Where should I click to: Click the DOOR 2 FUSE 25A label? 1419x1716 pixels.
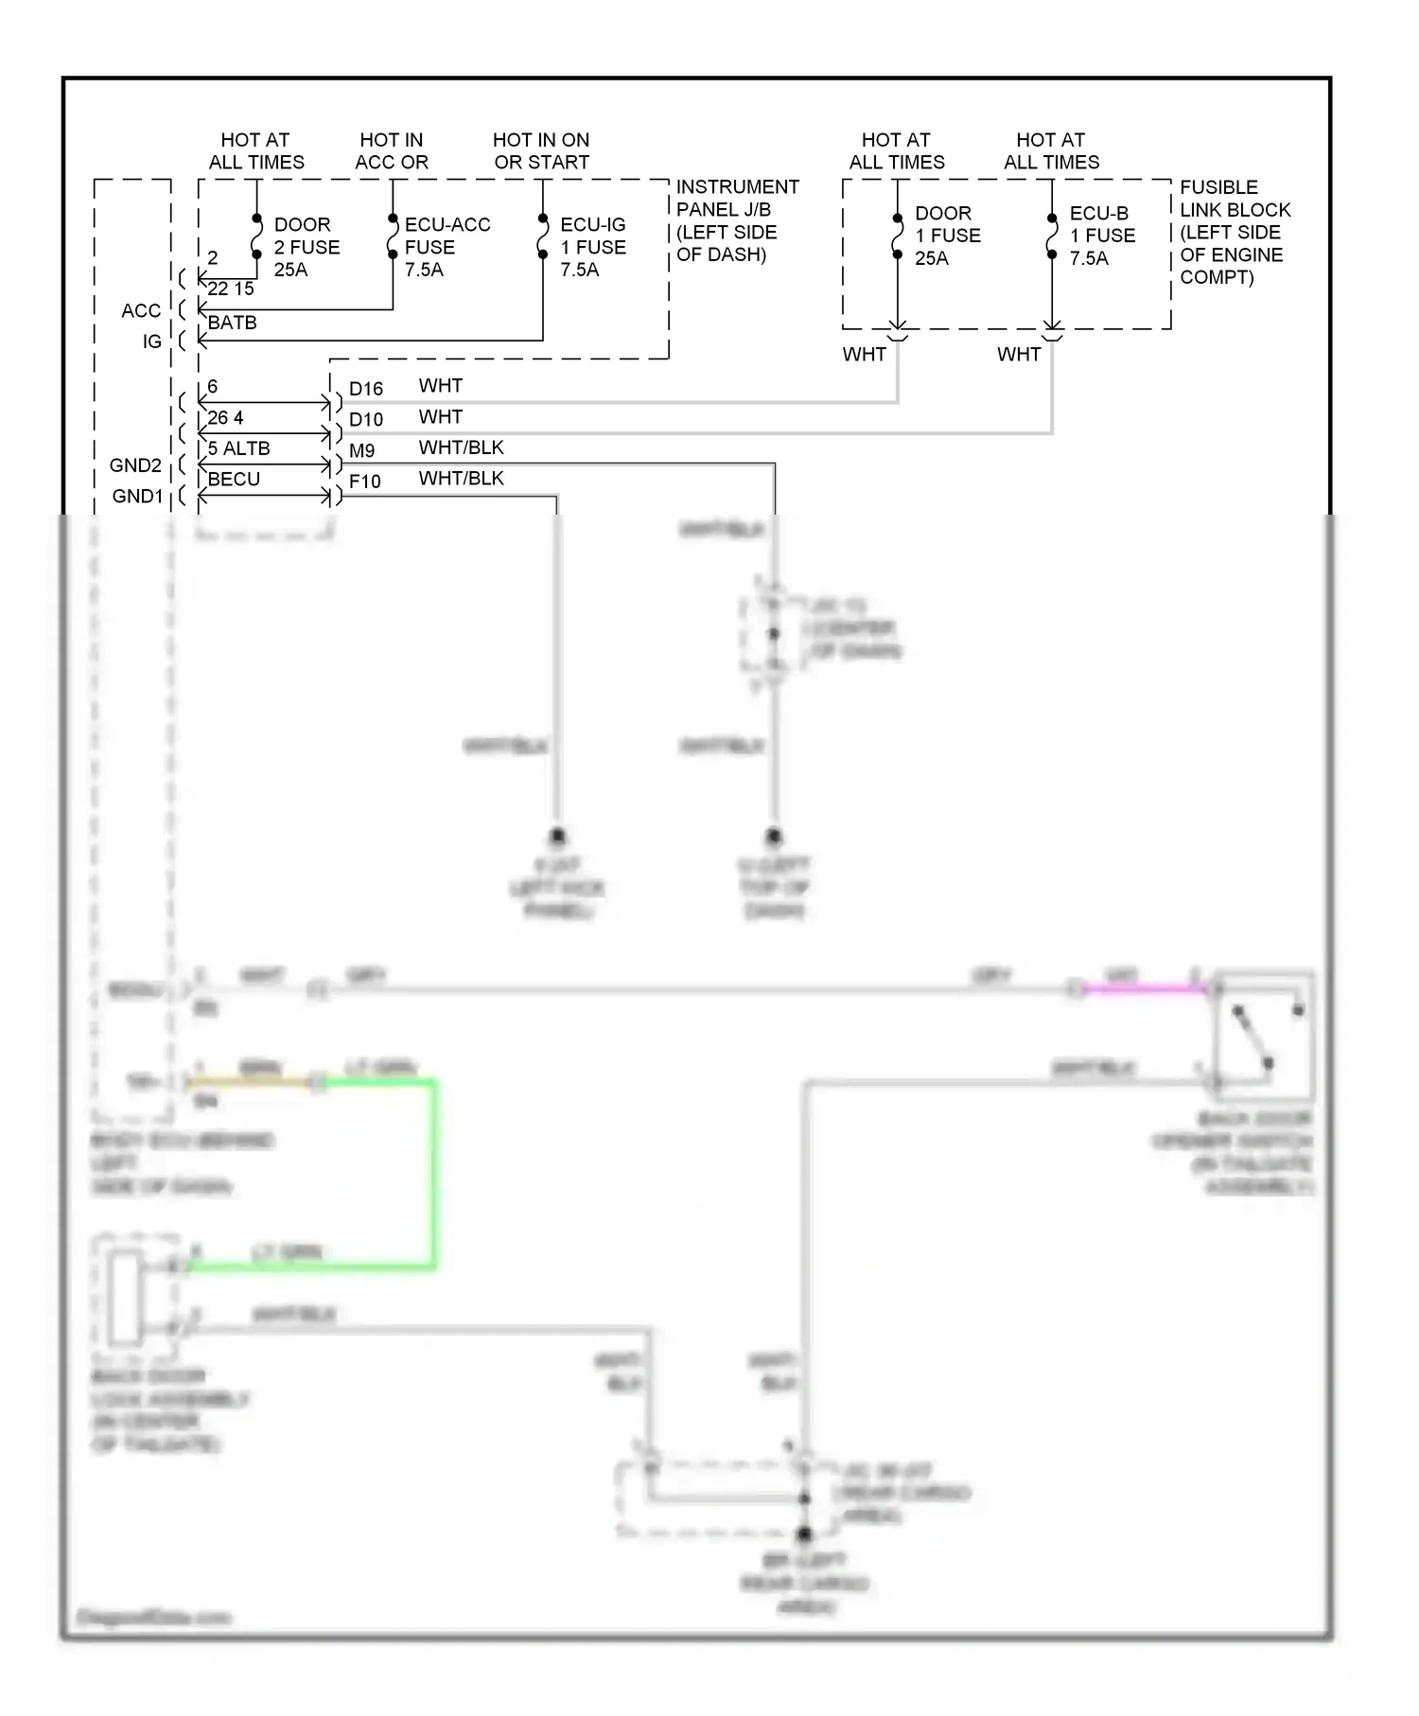[x=307, y=247]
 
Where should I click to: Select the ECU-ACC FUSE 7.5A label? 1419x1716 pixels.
[x=447, y=247]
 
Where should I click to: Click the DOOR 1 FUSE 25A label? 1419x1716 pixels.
[x=947, y=236]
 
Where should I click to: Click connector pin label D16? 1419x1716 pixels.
[x=365, y=389]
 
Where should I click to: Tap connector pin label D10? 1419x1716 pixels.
[x=365, y=420]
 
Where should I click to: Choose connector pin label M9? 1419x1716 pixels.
[x=361, y=451]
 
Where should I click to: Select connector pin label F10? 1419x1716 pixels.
[x=364, y=482]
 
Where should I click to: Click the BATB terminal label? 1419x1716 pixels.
[x=232, y=323]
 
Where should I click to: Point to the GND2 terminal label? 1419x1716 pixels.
[x=135, y=465]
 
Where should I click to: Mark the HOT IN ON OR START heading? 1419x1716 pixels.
[x=540, y=151]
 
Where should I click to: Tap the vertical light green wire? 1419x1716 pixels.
[x=434, y=1173]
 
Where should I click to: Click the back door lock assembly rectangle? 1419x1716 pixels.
[x=126, y=1298]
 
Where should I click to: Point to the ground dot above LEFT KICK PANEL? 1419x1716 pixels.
[x=556, y=836]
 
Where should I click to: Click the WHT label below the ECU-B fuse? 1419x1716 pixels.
[x=1018, y=355]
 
